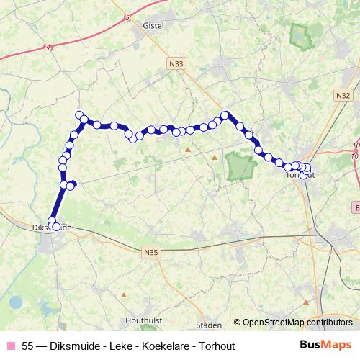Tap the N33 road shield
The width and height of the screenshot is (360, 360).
176,64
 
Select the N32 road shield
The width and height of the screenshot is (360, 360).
343,95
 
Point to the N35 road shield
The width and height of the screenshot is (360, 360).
150,251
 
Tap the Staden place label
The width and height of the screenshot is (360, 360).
209,325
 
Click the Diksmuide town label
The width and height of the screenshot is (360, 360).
50,227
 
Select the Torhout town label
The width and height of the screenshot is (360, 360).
300,174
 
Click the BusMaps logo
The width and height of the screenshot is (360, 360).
325,345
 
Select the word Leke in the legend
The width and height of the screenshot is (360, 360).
114,345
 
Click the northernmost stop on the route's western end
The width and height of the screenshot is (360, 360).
80,114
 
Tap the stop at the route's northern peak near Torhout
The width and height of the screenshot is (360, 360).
225,114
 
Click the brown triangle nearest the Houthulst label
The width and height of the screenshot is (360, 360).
124,295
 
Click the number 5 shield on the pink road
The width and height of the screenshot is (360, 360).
128,17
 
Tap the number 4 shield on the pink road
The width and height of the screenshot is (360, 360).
49,48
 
